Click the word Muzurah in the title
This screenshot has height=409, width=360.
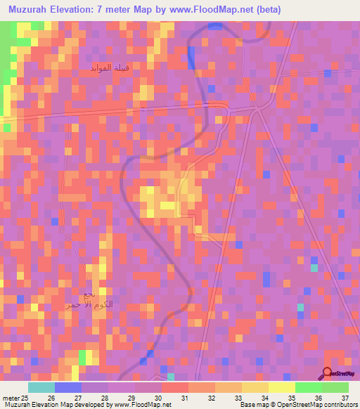[27, 9]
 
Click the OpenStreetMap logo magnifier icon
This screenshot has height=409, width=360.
[326, 373]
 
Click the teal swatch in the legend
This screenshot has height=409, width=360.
[41, 387]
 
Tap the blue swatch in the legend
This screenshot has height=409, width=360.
[67, 387]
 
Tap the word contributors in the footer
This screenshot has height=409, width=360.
[340, 405]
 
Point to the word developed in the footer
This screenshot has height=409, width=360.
[95, 405]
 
